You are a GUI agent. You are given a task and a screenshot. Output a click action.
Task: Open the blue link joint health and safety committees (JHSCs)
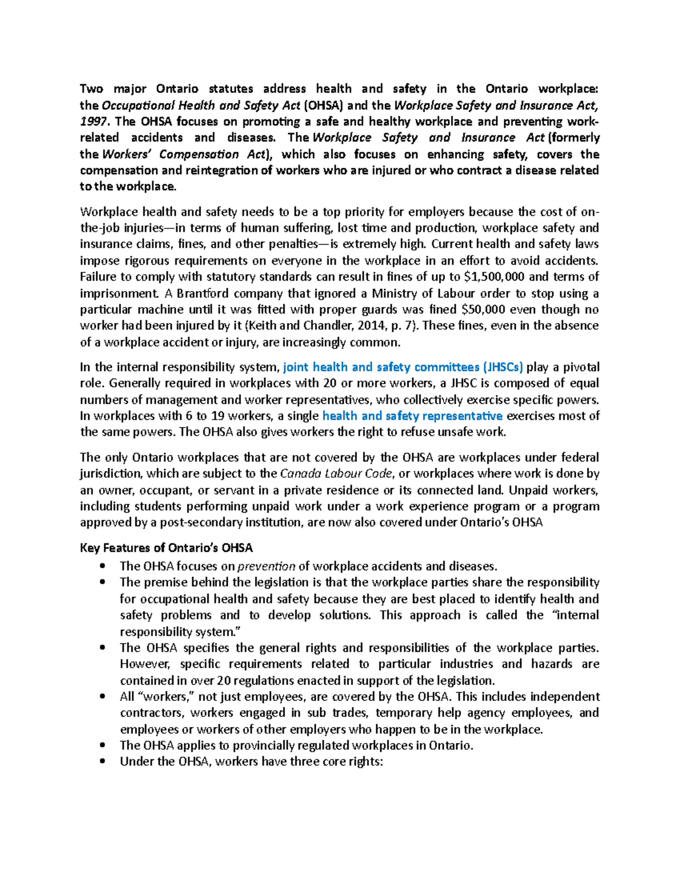(403, 367)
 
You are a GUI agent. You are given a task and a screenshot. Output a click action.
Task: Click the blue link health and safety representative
(412, 416)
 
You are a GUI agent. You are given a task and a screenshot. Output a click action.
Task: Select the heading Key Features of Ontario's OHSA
(166, 548)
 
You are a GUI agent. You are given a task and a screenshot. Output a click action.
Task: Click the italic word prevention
(266, 566)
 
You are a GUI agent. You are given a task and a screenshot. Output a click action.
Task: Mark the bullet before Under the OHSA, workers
(103, 762)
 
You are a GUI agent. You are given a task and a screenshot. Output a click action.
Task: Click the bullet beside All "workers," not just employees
(103, 696)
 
